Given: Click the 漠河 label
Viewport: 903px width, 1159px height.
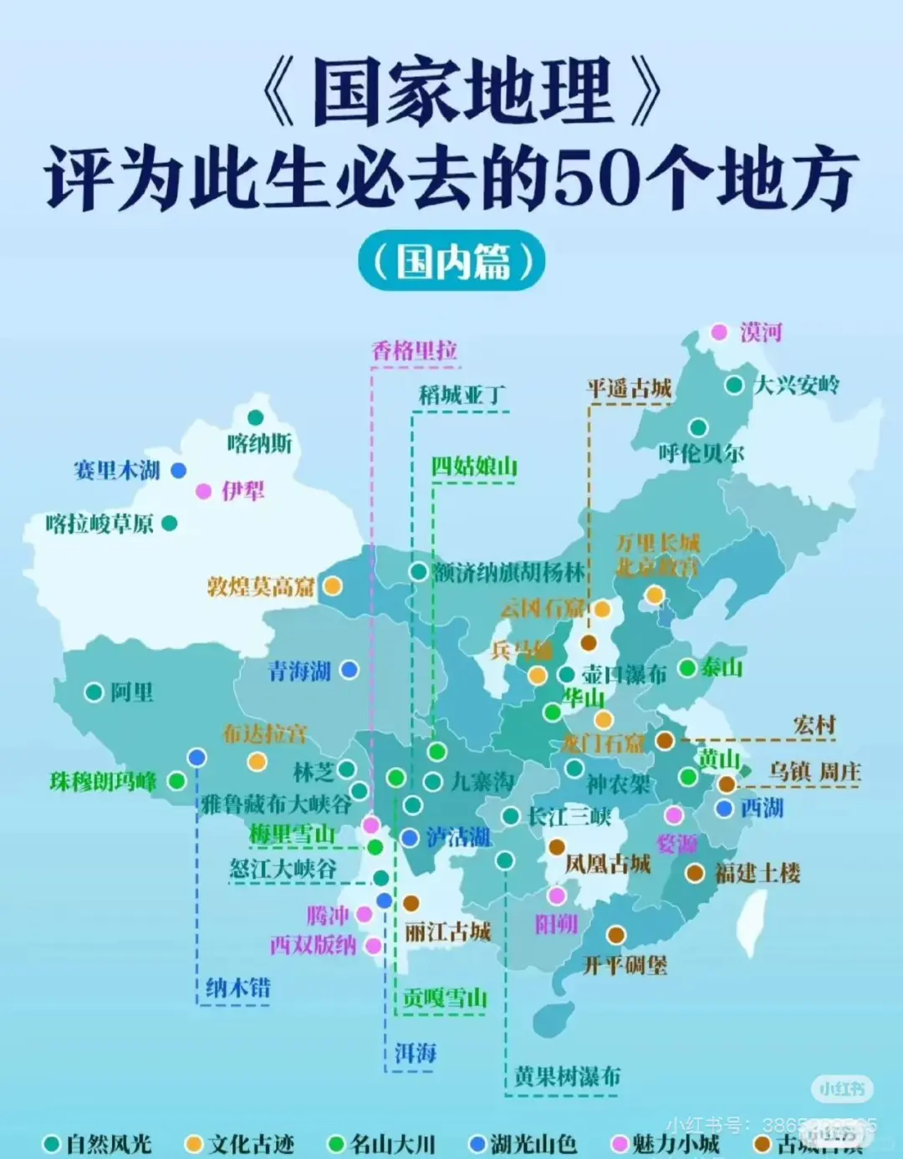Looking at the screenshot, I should click(761, 333).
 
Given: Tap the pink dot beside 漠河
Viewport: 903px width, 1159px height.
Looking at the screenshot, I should click(719, 332).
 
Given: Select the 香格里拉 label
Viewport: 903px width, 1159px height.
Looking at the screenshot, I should click(415, 350).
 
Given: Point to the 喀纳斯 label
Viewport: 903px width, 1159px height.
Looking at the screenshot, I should click(259, 443).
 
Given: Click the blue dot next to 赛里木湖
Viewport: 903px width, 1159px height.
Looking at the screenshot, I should click(178, 471).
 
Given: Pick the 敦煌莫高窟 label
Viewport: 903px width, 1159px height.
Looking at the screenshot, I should click(261, 586).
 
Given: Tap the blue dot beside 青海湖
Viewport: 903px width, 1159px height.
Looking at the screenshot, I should click(349, 670).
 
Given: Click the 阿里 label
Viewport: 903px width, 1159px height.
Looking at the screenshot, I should click(132, 692).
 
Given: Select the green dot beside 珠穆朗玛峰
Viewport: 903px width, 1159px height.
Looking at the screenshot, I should click(176, 781).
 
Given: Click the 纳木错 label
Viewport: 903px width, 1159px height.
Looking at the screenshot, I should click(238, 988).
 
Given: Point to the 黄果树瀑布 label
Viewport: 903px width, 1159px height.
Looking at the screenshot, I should click(567, 1076).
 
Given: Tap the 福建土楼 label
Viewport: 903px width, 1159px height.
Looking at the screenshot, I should click(758, 874).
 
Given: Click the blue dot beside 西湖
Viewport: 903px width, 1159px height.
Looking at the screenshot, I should click(725, 809).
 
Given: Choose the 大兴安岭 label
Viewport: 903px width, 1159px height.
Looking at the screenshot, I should click(797, 385).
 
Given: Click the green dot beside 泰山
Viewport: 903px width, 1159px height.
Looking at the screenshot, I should click(687, 668).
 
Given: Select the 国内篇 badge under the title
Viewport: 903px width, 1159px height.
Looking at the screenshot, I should click(451, 262).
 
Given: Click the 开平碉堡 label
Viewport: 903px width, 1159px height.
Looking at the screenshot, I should click(625, 966).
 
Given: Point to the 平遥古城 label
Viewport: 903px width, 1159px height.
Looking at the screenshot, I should click(629, 388).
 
